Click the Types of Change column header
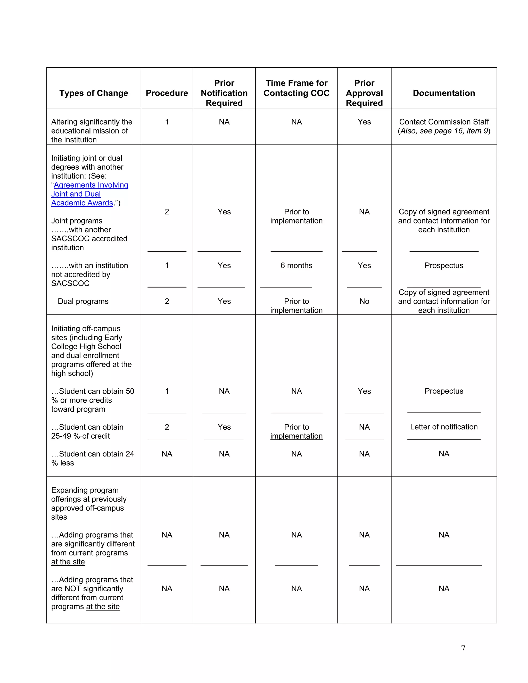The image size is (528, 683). (x=94, y=93)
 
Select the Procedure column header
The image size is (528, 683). (x=167, y=93)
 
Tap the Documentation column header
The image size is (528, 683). (x=443, y=93)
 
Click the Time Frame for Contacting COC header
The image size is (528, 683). (x=296, y=88)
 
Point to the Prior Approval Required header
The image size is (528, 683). (x=364, y=93)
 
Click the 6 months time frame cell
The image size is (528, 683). (x=296, y=265)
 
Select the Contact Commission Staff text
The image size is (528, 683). (x=443, y=122)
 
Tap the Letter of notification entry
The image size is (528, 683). (x=443, y=427)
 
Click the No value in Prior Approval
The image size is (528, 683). (x=364, y=301)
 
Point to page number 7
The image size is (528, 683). (x=463, y=648)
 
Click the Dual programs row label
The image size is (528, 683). (x=83, y=301)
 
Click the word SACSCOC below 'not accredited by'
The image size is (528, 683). (x=70, y=283)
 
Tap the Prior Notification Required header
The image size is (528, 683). (x=224, y=93)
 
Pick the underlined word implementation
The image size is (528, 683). (x=296, y=436)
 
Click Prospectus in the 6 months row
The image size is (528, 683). (x=443, y=265)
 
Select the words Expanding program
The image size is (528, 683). (x=85, y=490)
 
